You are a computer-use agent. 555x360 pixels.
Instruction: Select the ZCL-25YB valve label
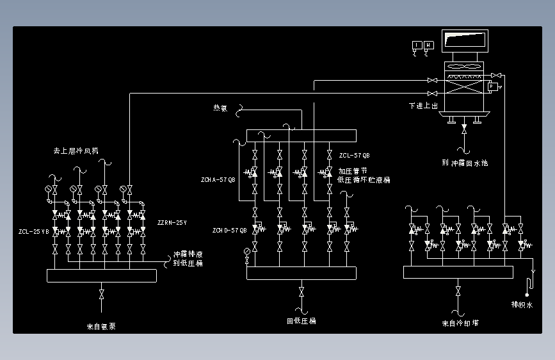(x=34, y=231)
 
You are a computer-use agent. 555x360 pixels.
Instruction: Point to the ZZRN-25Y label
(x=172, y=223)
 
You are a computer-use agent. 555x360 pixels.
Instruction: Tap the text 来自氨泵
(x=102, y=326)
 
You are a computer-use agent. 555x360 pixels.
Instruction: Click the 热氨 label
(x=220, y=108)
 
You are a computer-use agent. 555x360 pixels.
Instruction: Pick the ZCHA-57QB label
(x=218, y=180)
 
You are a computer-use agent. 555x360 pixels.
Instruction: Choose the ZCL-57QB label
(x=354, y=156)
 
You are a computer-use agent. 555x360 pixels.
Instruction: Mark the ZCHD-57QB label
(x=230, y=230)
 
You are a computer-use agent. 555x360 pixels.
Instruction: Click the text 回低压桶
(x=301, y=321)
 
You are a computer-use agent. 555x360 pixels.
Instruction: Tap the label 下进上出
(x=424, y=106)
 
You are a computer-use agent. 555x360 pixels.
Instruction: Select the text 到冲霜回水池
(x=465, y=163)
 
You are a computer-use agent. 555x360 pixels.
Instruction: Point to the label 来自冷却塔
(x=460, y=323)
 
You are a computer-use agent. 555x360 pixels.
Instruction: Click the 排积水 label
(x=522, y=305)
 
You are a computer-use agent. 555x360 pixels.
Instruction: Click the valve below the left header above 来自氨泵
(x=102, y=295)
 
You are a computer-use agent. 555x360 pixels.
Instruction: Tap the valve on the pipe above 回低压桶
(x=302, y=292)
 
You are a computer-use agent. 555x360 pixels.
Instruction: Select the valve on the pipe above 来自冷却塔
(x=458, y=291)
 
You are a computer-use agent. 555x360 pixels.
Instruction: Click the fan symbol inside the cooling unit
(x=465, y=67)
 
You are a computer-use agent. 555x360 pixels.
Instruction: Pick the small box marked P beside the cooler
(x=492, y=86)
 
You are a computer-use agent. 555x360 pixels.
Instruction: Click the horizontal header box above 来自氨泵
(x=102, y=275)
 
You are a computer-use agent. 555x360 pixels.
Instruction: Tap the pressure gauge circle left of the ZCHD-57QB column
(x=247, y=259)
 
